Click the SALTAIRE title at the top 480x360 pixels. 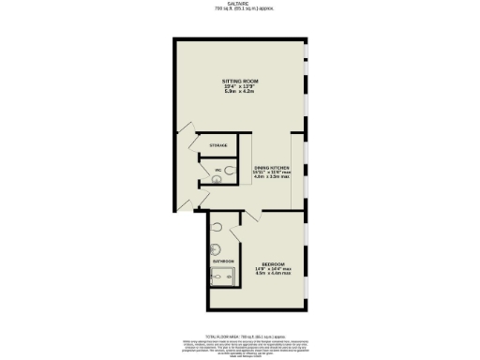(240, 4)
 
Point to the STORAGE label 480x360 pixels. (218, 146)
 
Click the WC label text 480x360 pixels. (217, 170)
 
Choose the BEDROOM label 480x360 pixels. (274, 264)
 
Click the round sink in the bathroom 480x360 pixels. (215, 249)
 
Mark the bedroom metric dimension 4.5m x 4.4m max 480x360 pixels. (274, 275)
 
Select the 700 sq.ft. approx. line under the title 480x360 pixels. (240, 9)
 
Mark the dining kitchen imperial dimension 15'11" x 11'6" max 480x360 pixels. (267, 172)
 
